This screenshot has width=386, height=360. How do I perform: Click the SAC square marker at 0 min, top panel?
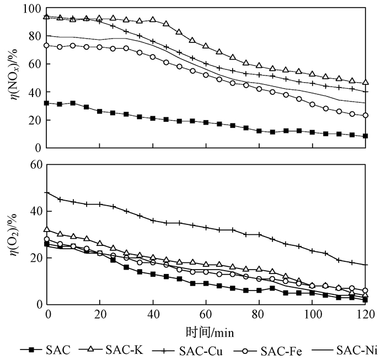47,103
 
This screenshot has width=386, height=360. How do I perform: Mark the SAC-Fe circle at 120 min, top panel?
366,115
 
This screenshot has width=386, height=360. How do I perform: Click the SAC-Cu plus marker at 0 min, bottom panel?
47,193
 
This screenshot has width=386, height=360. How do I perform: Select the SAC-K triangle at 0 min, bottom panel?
47,229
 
